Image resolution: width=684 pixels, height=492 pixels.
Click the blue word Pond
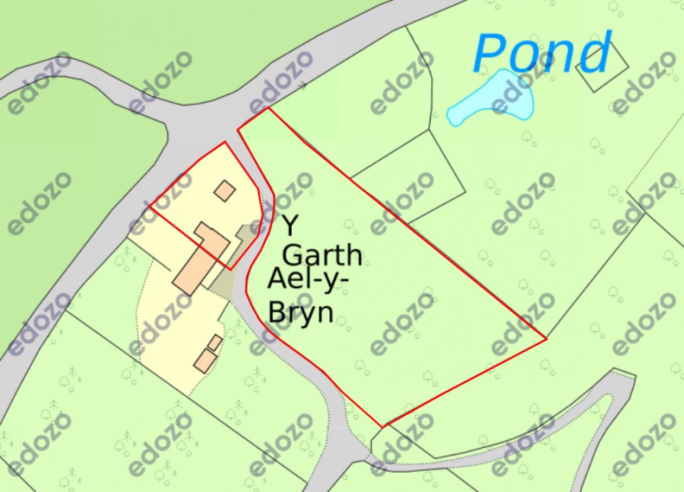[x=542, y=54]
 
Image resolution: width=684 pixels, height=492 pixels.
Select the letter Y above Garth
[x=290, y=225]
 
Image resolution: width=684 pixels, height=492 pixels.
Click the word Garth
[x=323, y=255]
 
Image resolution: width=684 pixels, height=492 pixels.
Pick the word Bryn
[x=301, y=312]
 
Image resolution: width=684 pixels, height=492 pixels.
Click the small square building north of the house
[x=225, y=190]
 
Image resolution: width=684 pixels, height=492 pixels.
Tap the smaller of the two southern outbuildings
[x=215, y=343]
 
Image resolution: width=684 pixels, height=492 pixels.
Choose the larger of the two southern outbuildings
[x=205, y=360]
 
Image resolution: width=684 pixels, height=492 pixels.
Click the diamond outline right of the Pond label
[x=602, y=67]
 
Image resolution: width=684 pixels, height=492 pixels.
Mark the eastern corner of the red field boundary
[x=547, y=339]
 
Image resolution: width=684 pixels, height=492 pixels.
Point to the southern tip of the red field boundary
[x=382, y=426]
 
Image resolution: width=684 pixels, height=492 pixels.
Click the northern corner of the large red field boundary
[x=268, y=108]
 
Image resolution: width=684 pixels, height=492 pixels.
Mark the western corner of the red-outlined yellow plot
[x=148, y=207]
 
